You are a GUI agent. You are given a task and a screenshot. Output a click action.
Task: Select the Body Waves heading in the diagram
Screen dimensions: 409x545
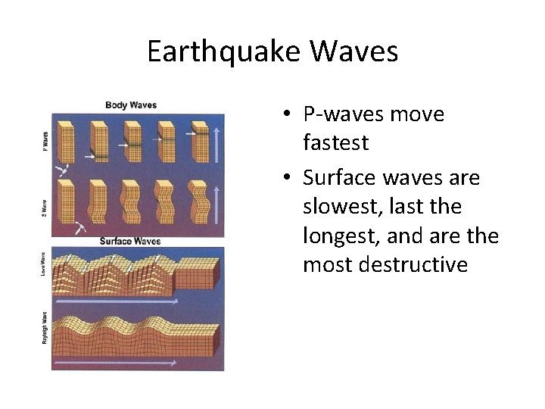coord(131,105)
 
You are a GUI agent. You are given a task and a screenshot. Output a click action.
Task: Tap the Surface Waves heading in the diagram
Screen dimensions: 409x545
coord(131,241)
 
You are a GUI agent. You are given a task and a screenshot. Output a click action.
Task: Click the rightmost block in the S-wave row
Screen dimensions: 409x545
coord(199,200)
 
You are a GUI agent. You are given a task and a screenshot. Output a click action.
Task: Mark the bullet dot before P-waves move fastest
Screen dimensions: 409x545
coord(288,115)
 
